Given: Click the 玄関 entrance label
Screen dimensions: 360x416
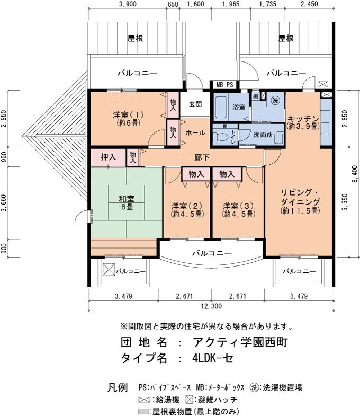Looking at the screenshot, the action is click(195, 104).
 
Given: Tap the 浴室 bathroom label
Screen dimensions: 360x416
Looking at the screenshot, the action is click(239, 107).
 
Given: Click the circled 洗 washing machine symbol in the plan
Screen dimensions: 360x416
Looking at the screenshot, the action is click(275, 100).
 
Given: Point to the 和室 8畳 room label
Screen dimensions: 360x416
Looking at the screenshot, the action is click(127, 202).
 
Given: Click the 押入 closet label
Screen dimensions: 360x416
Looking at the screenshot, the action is click(108, 157).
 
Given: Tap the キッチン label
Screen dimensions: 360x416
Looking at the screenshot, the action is click(303, 118).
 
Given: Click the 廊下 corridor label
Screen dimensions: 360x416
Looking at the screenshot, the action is click(202, 157).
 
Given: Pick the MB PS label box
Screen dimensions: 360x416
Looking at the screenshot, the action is click(225, 85).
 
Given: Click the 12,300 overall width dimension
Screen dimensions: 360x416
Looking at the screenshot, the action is click(211, 306).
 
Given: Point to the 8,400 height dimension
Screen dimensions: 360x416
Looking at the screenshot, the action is click(355, 174).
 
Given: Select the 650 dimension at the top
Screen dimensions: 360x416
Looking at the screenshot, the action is click(173, 4).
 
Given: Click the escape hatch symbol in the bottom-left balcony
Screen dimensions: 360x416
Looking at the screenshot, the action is click(109, 270).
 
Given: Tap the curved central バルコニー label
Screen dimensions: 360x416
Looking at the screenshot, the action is click(212, 253).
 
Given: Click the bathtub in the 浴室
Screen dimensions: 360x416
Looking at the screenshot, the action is click(221, 108).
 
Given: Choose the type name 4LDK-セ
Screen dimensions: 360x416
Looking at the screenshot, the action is click(213, 358).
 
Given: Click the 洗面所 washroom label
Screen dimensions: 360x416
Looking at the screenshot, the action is click(263, 135).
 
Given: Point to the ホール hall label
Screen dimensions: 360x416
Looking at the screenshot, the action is click(195, 132).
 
